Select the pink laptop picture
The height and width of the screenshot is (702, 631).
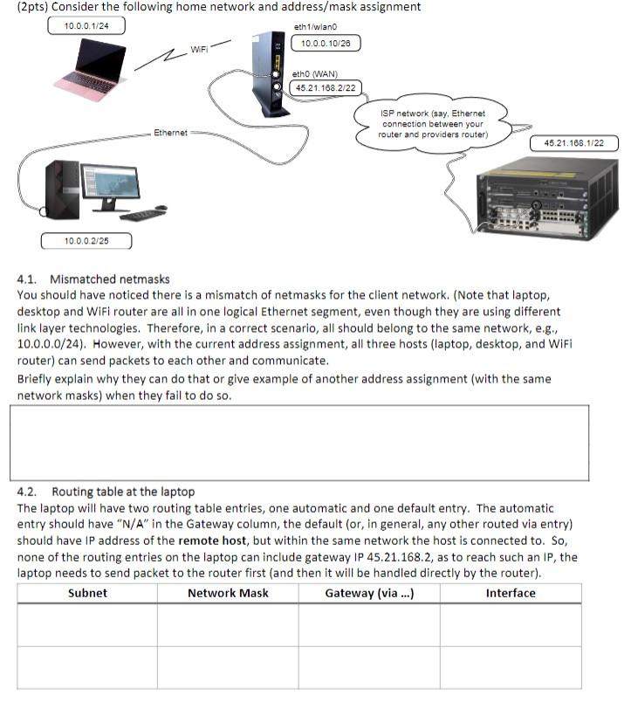pos(92,70)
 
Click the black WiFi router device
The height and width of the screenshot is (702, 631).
pos(271,74)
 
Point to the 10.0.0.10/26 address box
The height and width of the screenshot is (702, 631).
pos(325,43)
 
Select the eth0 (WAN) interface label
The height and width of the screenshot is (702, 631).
pos(316,74)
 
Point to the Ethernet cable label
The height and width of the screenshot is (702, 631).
pos(170,133)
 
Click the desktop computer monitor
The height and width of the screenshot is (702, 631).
pos(110,187)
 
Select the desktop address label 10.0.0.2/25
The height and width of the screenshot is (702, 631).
pos(86,240)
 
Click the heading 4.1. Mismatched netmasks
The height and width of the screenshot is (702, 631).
pos(93,279)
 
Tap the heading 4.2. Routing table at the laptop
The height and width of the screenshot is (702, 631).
pos(106,492)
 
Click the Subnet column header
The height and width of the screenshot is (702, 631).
pos(87,593)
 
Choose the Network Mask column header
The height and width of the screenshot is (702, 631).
pos(228,593)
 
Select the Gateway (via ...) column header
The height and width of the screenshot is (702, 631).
pos(369,593)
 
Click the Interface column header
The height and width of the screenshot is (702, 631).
pos(511,593)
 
